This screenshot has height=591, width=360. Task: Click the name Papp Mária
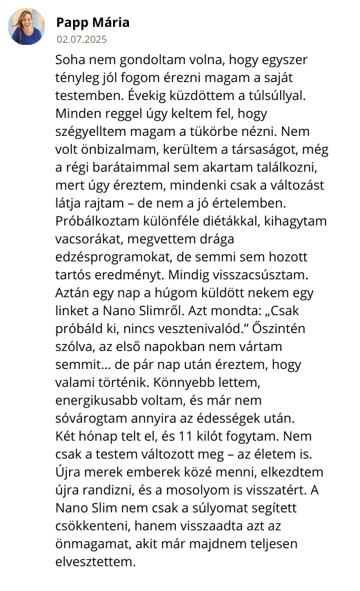coord(92,22)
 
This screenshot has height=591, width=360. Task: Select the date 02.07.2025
coord(82,39)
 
